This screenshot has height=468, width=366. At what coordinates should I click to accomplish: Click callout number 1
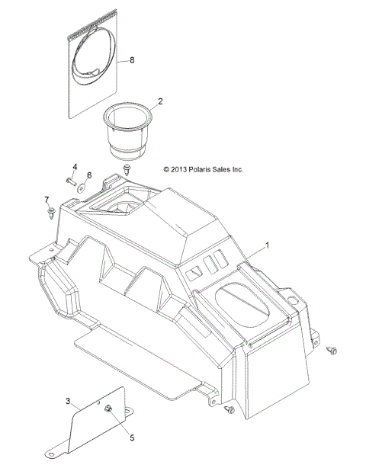[x=267, y=246]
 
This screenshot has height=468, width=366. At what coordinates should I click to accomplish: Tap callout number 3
[x=68, y=401]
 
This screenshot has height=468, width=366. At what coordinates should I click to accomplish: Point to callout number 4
[x=75, y=167]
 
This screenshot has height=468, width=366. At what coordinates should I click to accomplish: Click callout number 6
[x=88, y=175]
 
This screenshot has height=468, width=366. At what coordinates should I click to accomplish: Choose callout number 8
[x=133, y=59]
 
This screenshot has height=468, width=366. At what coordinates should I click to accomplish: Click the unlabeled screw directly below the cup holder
[x=125, y=167]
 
